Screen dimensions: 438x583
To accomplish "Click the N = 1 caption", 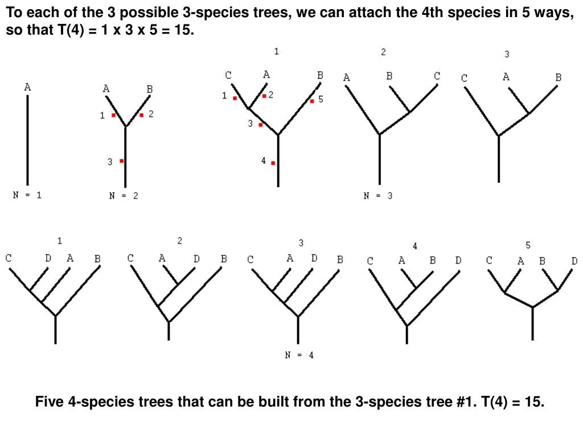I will [x=27, y=195].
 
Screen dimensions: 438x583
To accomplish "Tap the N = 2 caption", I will [x=124, y=196].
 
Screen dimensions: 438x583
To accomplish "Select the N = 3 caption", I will [x=378, y=196].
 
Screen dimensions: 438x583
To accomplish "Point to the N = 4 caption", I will [x=299, y=355].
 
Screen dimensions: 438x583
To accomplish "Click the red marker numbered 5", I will [x=312, y=101].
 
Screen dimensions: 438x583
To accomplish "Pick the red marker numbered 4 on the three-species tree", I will [x=273, y=163].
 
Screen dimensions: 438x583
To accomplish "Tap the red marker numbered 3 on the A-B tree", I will [x=122, y=161].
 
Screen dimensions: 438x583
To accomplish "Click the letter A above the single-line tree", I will [x=27, y=87].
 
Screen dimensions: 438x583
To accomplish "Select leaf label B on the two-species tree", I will [x=149, y=89].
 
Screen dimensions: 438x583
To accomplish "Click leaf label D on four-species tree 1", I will [x=48, y=258].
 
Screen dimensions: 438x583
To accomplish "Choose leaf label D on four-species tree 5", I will [x=574, y=261].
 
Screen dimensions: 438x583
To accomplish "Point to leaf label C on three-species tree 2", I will [x=437, y=76].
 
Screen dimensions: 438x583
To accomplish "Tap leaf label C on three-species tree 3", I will [x=464, y=78].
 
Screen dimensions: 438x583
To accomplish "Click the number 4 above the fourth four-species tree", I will [x=415, y=246].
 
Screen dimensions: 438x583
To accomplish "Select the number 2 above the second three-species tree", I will [x=383, y=52].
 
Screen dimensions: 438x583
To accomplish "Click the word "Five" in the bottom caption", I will [x=50, y=402].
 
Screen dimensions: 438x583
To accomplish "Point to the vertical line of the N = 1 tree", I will [x=27, y=140].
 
